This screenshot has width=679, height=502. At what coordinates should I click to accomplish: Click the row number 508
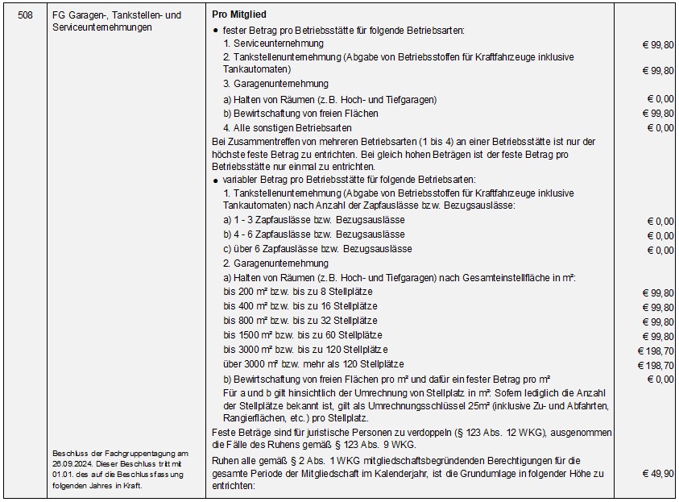point(25,15)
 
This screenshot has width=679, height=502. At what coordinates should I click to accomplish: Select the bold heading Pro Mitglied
point(239,15)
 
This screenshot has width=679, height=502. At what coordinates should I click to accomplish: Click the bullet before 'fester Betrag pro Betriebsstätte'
point(216,30)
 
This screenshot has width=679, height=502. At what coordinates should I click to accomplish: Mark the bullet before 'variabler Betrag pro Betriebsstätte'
point(216,180)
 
